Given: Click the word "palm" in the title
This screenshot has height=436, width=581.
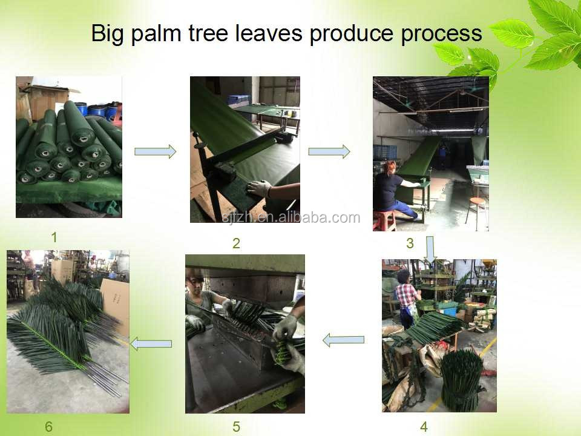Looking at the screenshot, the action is click(x=156, y=34).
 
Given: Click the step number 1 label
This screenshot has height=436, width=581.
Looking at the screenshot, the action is click(x=54, y=237).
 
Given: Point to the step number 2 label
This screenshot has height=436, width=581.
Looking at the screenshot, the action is click(x=236, y=243).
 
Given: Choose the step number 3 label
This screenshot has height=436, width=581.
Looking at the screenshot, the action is click(x=410, y=243).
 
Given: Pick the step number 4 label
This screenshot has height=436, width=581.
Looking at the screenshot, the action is click(x=424, y=427).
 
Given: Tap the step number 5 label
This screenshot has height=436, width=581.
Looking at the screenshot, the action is click(x=236, y=427).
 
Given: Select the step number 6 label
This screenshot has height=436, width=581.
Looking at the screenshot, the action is click(x=48, y=427).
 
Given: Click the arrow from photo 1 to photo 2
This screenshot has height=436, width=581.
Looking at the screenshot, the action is click(x=156, y=151).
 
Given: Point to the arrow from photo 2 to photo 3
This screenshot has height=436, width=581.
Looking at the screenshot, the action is click(x=329, y=151).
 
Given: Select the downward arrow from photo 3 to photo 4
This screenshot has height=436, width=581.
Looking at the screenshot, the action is click(x=430, y=248).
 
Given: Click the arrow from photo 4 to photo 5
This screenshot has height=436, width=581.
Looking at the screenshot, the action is click(x=343, y=340).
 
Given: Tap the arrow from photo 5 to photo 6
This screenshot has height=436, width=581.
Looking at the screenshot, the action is click(x=151, y=344).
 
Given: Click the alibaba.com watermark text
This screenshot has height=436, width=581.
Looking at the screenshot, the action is click(x=291, y=217).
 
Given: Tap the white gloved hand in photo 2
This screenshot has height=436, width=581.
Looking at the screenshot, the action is click(x=259, y=188).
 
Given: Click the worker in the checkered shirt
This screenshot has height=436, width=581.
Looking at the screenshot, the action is click(x=406, y=299).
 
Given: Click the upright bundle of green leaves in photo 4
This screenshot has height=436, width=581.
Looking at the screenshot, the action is click(x=461, y=380).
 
